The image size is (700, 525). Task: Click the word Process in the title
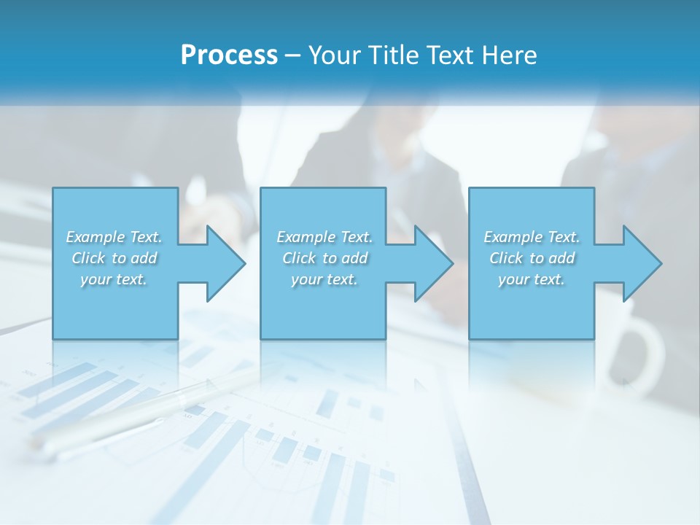click(229, 55)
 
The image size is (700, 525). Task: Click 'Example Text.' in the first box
click(114, 237)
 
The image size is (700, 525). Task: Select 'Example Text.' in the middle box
click(324, 237)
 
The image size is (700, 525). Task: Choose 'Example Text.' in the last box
click(532, 237)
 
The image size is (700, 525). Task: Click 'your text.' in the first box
click(114, 279)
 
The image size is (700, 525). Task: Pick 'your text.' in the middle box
click(324, 279)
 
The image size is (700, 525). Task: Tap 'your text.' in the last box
click(532, 279)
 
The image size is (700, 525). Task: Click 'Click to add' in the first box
click(114, 258)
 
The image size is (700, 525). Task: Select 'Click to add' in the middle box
click(324, 258)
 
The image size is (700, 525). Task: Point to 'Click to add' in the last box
click(532, 258)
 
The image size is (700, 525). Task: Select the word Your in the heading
click(332, 55)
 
